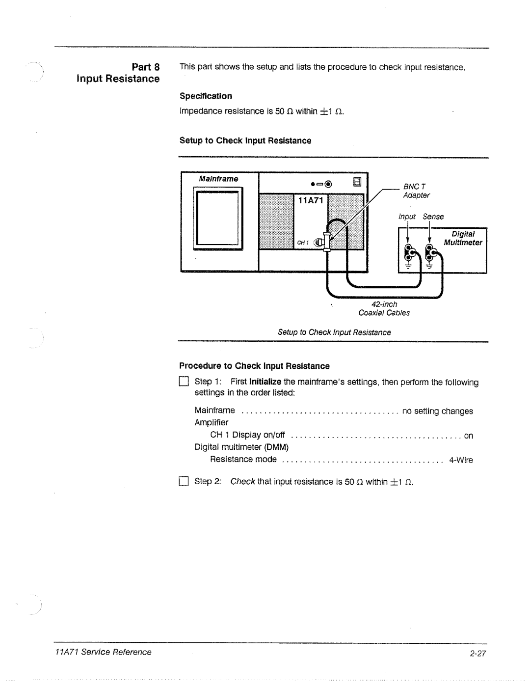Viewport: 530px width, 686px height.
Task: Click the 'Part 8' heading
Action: pos(145,67)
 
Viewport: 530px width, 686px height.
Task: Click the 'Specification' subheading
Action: pos(206,96)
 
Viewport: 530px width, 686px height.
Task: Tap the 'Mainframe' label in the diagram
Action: pos(218,179)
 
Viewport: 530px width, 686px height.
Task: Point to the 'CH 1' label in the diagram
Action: pos(302,243)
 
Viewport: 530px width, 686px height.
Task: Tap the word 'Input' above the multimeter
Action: pos(407,217)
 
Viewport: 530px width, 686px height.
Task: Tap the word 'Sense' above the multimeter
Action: pos(433,217)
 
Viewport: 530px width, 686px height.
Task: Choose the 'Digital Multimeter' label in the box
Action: pos(463,238)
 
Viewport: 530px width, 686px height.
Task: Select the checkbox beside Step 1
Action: pos(184,382)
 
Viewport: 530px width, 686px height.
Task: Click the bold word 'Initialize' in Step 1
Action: pos(265,382)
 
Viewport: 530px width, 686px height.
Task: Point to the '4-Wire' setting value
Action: pos(461,460)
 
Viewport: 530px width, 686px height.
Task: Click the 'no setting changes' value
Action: pos(437,411)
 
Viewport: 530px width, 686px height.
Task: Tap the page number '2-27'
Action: pos(477,653)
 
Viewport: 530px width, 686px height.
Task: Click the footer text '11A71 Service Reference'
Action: pos(103,652)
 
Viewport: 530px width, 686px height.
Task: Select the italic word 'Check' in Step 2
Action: pos(242,481)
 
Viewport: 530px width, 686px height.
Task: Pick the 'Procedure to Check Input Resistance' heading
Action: pos(254,366)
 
